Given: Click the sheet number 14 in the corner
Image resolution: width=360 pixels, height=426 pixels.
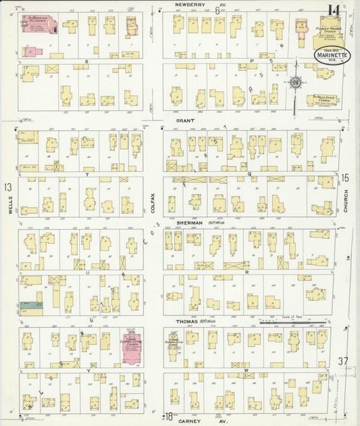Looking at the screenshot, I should [333, 11].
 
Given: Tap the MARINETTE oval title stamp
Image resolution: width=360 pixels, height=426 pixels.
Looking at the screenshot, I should [331, 54].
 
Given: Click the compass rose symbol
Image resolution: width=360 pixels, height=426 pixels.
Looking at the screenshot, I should [295, 82].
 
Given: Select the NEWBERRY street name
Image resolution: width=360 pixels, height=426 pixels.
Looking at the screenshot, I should [190, 5].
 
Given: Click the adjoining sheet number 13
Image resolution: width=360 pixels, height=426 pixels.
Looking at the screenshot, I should [7, 187].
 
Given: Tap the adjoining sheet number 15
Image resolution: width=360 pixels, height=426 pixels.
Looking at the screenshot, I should [345, 178].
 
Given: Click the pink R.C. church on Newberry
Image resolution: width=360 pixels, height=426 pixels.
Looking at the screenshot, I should [42, 24].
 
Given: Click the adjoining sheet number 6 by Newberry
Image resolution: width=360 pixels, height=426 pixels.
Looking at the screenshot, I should [217, 10].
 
